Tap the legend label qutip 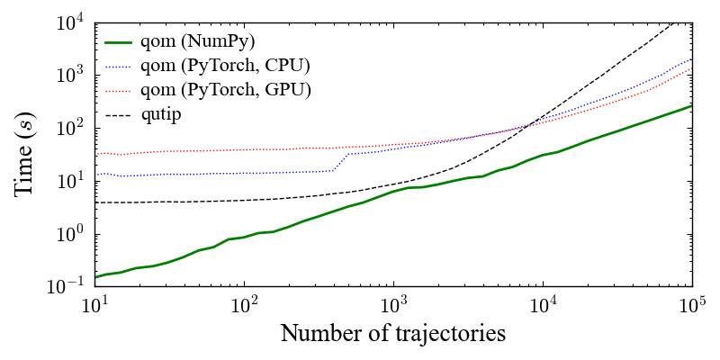click(x=162, y=114)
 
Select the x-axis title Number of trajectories click(x=392, y=333)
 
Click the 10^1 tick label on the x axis click(x=94, y=304)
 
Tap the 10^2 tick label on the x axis click(x=243, y=304)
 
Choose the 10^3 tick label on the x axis click(x=392, y=304)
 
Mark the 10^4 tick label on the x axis click(x=542, y=304)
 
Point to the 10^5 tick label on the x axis click(x=691, y=304)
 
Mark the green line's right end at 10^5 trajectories click(x=691, y=106)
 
